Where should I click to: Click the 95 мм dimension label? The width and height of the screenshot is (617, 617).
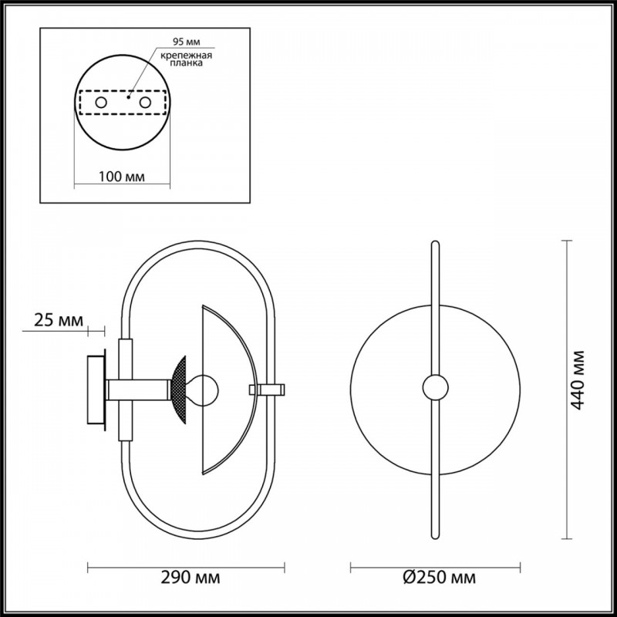click(186, 42)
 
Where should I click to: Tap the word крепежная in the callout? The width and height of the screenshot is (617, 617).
click(186, 55)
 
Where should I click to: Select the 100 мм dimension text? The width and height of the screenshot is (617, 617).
click(122, 177)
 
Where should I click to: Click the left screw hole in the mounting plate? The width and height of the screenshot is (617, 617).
click(101, 103)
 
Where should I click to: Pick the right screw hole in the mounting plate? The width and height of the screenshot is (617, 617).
click(145, 103)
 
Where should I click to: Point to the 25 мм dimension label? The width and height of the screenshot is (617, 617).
click(59, 320)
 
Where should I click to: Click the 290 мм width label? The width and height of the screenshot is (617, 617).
click(190, 578)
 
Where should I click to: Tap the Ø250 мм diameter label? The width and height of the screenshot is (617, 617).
click(439, 578)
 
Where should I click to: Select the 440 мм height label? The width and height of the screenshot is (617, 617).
click(577, 379)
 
